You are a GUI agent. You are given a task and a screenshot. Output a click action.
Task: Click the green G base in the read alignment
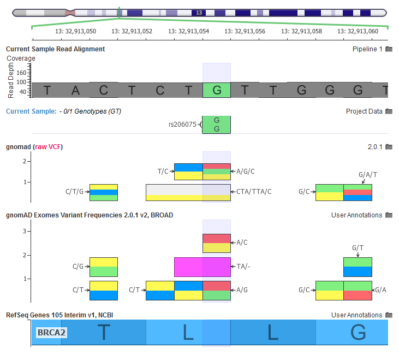click(x=217, y=90)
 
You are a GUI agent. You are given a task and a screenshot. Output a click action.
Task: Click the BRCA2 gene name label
click(x=51, y=332)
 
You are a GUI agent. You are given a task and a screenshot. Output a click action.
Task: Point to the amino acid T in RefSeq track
click(x=104, y=332)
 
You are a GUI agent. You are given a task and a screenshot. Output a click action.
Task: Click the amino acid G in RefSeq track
click(x=358, y=332)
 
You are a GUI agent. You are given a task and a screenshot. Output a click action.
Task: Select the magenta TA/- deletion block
click(x=202, y=267)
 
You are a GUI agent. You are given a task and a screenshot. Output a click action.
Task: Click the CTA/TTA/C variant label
click(x=254, y=192)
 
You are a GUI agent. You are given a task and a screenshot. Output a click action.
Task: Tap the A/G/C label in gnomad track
click(x=245, y=172)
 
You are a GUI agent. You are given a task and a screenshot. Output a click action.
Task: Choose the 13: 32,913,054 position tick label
click(x=188, y=32)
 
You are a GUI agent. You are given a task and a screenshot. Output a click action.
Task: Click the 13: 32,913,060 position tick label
click(x=358, y=32)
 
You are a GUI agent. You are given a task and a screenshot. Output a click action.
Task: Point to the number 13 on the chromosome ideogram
click(x=199, y=12)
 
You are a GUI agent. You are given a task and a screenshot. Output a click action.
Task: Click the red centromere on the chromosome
click(x=69, y=12)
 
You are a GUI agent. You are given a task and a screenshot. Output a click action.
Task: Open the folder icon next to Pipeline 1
click(x=389, y=49)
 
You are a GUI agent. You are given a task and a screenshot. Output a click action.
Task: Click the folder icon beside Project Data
click(x=389, y=111)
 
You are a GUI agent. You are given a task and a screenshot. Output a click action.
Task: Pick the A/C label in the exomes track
click(x=242, y=242)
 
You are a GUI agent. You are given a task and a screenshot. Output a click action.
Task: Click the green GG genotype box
click(x=217, y=125)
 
